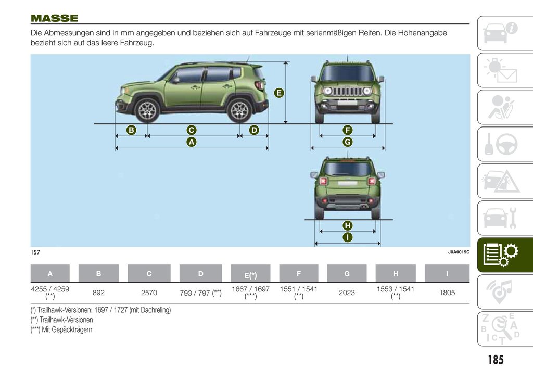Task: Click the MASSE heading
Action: point(54,19)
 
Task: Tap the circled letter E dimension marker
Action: point(279,93)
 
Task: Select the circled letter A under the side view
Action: point(191,142)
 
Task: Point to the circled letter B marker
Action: point(131,130)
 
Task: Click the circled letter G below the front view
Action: point(347,142)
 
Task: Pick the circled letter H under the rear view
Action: point(347,226)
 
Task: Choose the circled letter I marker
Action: point(347,237)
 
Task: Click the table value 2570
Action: point(149,293)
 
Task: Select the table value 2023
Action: point(347,293)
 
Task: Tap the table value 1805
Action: point(447,293)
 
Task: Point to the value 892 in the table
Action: point(98,293)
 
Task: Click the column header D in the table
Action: point(200,274)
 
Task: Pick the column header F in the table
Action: point(299,274)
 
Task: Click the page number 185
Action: point(496,360)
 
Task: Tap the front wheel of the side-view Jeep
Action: point(147,110)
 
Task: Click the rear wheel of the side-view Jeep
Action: point(239,110)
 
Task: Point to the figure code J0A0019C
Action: point(459,252)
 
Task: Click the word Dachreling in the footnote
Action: point(156,310)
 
